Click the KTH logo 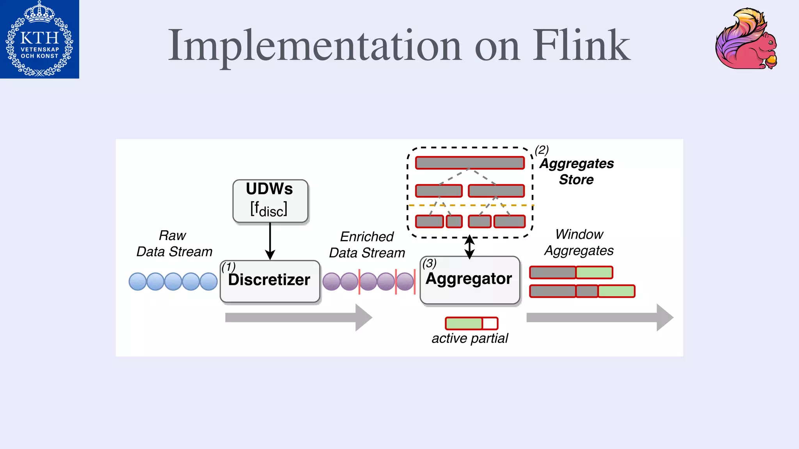click(x=39, y=39)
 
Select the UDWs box click(x=270, y=201)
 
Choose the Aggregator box click(x=470, y=280)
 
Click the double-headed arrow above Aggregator click(x=470, y=247)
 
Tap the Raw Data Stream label click(x=174, y=244)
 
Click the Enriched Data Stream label click(x=367, y=245)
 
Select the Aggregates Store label click(x=576, y=171)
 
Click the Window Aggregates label click(x=579, y=242)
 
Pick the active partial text click(x=470, y=338)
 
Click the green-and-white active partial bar click(x=471, y=323)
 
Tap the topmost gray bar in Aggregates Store click(x=470, y=163)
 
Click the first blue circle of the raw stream click(x=138, y=281)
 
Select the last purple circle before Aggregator click(x=405, y=281)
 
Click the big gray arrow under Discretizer click(x=298, y=318)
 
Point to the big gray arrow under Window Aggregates click(x=600, y=318)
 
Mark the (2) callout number click(x=542, y=150)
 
